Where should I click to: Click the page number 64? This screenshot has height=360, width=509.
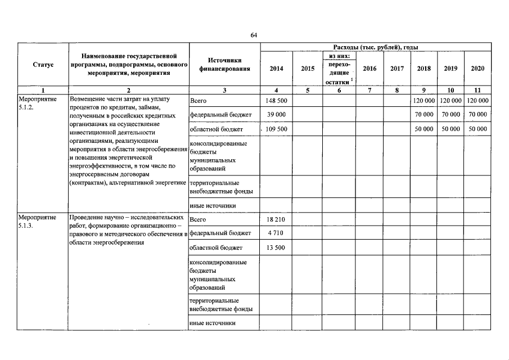pos(254,35)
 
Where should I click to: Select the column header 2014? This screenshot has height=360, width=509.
pos(276,69)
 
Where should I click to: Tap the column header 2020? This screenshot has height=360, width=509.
pos(478,69)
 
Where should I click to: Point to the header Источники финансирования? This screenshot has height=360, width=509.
pos(224,65)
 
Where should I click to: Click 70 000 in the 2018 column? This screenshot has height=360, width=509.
pos(424,115)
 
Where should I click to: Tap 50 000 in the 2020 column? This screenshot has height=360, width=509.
pos(478,129)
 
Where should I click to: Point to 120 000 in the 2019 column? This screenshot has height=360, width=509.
pos(451,101)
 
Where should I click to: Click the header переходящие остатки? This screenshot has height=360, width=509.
pos(338,73)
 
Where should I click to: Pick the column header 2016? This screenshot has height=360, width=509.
pos(370,69)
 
